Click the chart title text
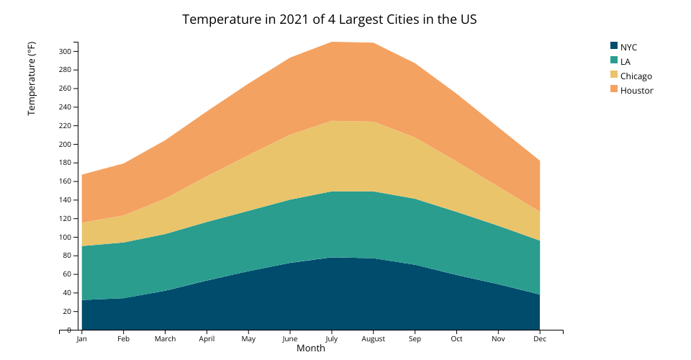click(329, 19)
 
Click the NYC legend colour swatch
click(614, 47)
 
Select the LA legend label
click(625, 61)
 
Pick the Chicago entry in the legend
click(636, 76)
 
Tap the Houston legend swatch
click(614, 89)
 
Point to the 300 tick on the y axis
click(65, 51)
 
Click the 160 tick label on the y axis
click(65, 181)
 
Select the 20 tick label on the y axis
click(66, 311)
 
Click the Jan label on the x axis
click(82, 338)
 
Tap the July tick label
click(332, 338)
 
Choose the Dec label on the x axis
click(540, 338)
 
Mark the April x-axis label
click(207, 338)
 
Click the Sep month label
click(415, 338)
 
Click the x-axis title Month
click(311, 348)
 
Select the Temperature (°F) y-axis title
click(32, 78)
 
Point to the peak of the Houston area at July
click(332, 42)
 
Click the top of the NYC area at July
click(332, 257)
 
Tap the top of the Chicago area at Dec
click(539, 211)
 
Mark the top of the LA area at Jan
click(82, 246)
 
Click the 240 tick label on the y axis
click(65, 107)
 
